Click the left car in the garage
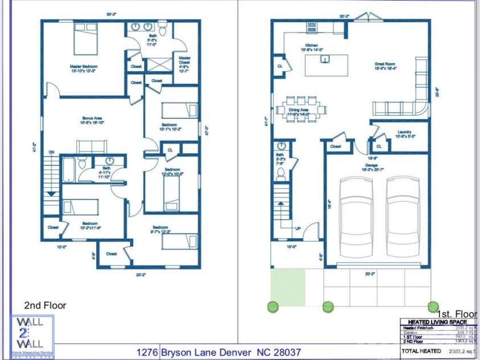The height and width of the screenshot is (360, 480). click(x=356, y=217)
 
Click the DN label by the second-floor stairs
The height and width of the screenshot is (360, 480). click(x=51, y=153)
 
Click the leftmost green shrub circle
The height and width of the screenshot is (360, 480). click(x=273, y=307)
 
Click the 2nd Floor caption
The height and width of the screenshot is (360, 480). click(x=45, y=305)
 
